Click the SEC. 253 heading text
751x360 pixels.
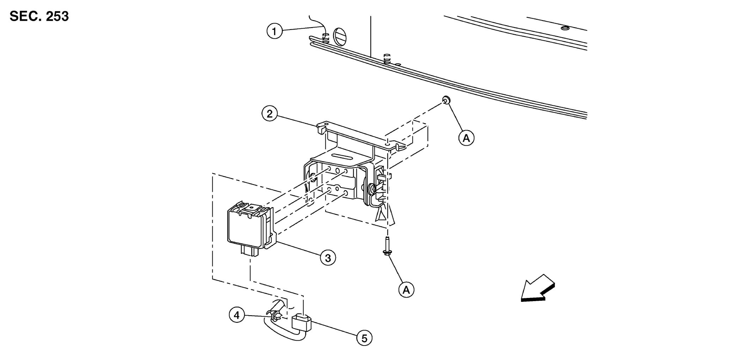point(39,16)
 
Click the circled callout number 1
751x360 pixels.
point(275,31)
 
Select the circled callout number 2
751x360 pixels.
point(270,114)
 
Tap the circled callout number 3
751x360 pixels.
point(328,258)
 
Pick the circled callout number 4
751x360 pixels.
point(237,315)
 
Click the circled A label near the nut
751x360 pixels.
point(466,138)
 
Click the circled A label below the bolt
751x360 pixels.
point(406,290)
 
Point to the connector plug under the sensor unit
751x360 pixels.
point(250,251)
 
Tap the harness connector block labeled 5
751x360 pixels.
point(301,322)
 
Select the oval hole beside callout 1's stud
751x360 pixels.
point(340,36)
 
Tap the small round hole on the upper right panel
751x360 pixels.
point(564,28)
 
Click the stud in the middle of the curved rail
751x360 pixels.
point(387,58)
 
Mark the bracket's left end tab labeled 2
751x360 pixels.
point(322,128)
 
